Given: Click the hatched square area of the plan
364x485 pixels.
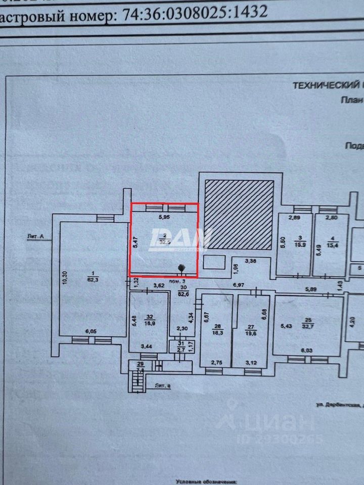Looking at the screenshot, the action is [x=239, y=214].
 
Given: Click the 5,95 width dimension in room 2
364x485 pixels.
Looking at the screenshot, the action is [x=164, y=218].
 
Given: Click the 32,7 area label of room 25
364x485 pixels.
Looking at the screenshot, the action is [x=307, y=327].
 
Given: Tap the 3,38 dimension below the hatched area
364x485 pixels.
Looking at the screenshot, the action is [x=251, y=261].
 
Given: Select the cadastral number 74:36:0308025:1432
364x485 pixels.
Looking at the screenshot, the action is [x=195, y=14].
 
